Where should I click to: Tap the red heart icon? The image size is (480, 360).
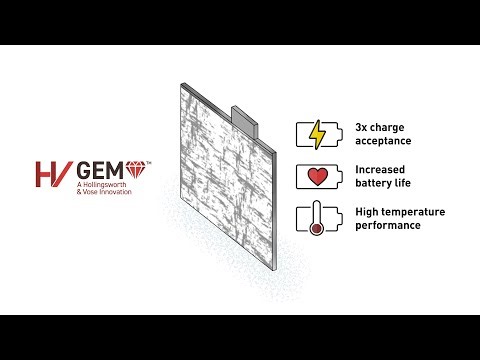pyautogui.click(x=318, y=178)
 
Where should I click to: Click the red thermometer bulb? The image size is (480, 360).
pyautogui.click(x=316, y=229)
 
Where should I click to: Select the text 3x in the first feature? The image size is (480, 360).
pyautogui.click(x=363, y=127)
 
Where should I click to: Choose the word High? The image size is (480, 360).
pyautogui.click(x=367, y=212)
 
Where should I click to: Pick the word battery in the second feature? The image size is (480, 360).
pyautogui.click(x=376, y=184)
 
